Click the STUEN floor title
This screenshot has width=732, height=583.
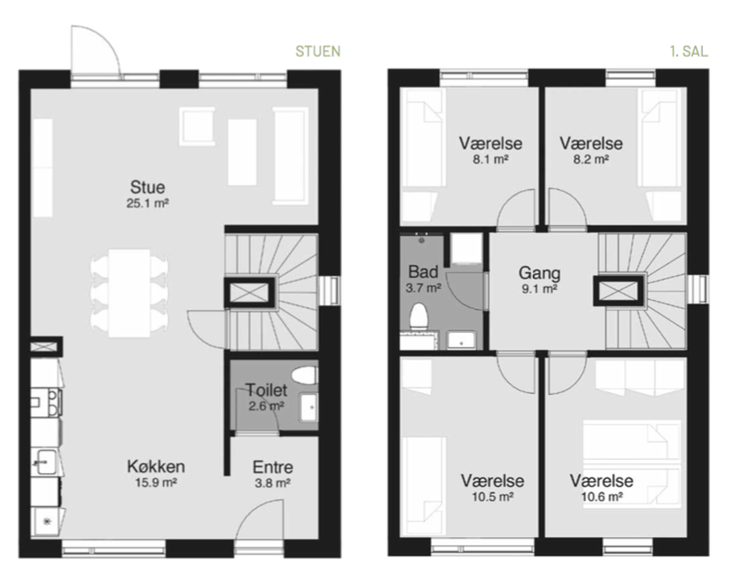pyautogui.click(x=318, y=51)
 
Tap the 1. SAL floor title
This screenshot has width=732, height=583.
pyautogui.click(x=689, y=51)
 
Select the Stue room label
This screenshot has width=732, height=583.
pyautogui.click(x=147, y=187)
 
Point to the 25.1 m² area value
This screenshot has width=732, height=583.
pyautogui.click(x=147, y=203)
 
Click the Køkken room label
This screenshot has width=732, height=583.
pyautogui.click(x=156, y=466)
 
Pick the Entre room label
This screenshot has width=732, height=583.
pyautogui.click(x=273, y=466)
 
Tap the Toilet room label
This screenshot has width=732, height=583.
pyautogui.click(x=266, y=390)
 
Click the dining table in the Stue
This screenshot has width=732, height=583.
pyautogui.click(x=129, y=293)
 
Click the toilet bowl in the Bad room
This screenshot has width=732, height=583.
pyautogui.click(x=418, y=316)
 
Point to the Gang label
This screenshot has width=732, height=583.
pyautogui.click(x=539, y=272)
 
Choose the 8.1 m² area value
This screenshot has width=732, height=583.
pyautogui.click(x=490, y=159)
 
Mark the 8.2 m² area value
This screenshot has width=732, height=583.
pyautogui.click(x=591, y=159)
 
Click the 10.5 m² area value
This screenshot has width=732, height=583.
pyautogui.click(x=492, y=496)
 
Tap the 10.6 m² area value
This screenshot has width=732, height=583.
pyautogui.click(x=601, y=496)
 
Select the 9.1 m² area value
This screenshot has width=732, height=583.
pyautogui.click(x=539, y=289)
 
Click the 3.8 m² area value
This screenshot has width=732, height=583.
pyautogui.click(x=273, y=483)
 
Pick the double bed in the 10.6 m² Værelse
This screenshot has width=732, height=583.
pyautogui.click(x=631, y=463)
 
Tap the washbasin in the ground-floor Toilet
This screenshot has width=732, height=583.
pyautogui.click(x=308, y=407)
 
